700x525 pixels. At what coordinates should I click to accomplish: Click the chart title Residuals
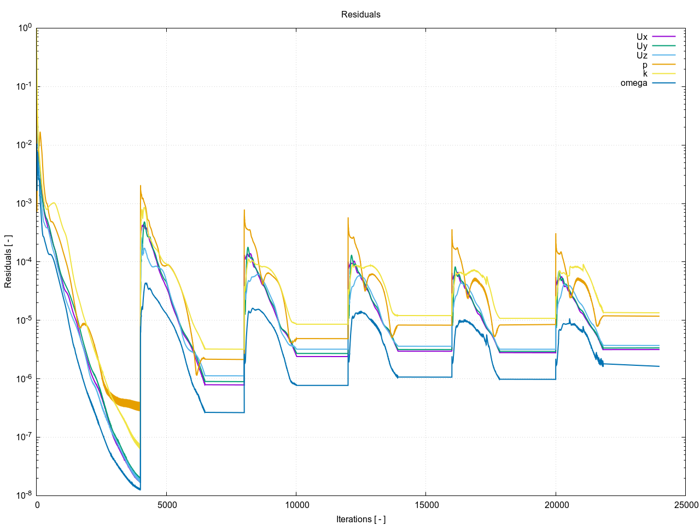tap(360, 15)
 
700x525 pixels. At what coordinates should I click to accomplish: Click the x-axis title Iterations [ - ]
tap(360, 519)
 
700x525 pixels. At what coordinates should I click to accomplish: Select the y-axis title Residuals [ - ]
tap(8, 261)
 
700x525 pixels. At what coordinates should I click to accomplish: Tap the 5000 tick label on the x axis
tap(167, 505)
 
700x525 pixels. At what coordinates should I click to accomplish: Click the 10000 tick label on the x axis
tap(296, 505)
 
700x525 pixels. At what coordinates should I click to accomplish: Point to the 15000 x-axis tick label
tap(426, 505)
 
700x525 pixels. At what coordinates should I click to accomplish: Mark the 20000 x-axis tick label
tap(556, 505)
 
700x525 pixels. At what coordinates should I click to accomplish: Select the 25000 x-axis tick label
tap(685, 505)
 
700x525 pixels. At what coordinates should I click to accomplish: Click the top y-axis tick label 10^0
tap(25, 27)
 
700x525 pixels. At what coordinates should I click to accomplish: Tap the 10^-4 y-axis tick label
tap(24, 261)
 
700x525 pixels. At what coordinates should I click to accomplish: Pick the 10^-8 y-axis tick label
tap(24, 495)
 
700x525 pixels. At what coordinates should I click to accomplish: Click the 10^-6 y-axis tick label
tap(24, 378)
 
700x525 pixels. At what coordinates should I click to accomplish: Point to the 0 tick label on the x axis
tap(37, 505)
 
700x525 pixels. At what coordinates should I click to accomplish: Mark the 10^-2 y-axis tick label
tap(24, 144)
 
